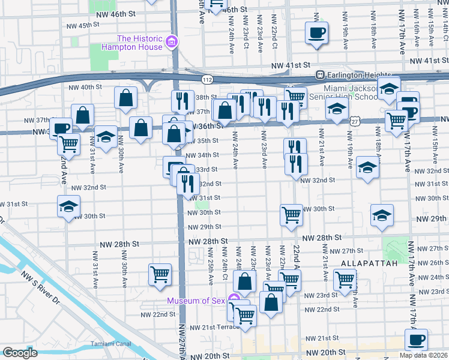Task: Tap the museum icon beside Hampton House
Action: coord(172,42)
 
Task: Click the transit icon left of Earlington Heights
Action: coord(321,75)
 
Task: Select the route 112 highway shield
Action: coord(206,79)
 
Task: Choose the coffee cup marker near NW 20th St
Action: coord(416,339)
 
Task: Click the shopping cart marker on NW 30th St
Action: coord(291,214)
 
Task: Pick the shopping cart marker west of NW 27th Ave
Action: coord(160,275)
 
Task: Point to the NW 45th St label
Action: coord(82,25)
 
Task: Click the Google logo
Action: coord(20,353)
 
